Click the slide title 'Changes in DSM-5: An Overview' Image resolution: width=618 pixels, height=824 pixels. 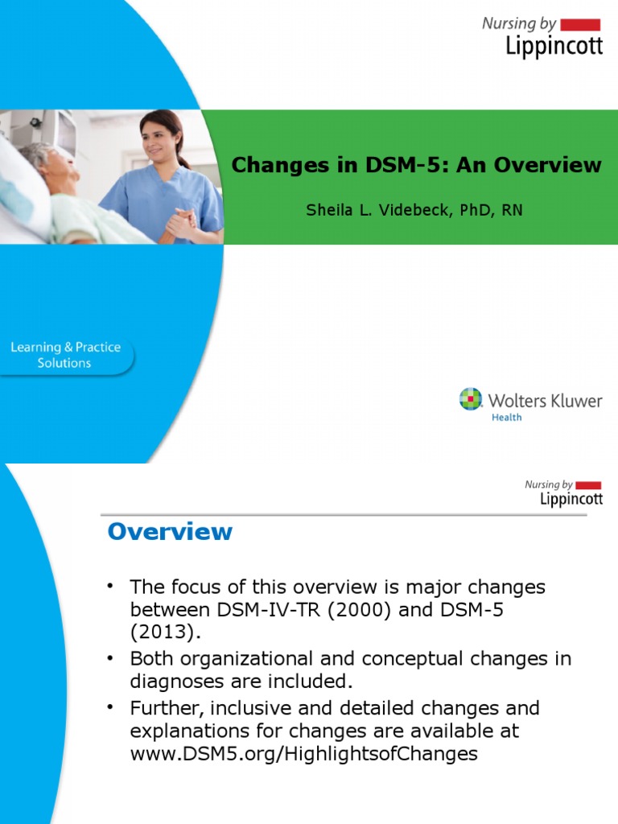416,165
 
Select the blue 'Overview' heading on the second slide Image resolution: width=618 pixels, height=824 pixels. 170,531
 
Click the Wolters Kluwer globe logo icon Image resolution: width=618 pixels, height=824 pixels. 471,399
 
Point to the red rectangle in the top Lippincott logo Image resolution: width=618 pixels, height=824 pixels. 580,24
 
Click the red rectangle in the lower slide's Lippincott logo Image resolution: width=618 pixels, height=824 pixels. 588,485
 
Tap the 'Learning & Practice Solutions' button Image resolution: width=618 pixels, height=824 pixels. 65,355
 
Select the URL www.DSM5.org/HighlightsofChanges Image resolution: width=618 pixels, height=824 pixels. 304,754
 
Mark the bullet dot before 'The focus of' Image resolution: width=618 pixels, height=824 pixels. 112,584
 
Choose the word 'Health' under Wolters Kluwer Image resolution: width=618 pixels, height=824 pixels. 506,417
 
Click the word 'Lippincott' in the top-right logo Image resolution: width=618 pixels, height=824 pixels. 554,46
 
